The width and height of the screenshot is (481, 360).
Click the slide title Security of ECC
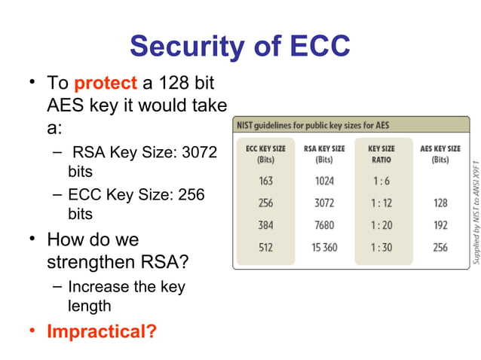(240, 47)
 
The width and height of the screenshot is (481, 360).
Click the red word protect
(106, 81)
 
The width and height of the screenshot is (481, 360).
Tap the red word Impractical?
(102, 331)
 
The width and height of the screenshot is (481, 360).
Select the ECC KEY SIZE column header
(265, 154)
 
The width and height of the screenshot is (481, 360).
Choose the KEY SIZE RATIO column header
(381, 154)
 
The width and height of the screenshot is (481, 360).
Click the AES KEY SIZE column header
(440, 154)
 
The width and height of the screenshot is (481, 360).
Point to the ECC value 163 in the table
(265, 181)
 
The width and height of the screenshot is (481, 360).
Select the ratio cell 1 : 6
(381, 181)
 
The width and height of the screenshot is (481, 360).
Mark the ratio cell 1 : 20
(381, 225)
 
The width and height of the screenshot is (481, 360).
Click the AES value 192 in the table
(440, 225)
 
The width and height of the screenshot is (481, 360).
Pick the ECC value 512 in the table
(265, 247)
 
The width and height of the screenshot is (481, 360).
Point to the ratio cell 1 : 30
(381, 247)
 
